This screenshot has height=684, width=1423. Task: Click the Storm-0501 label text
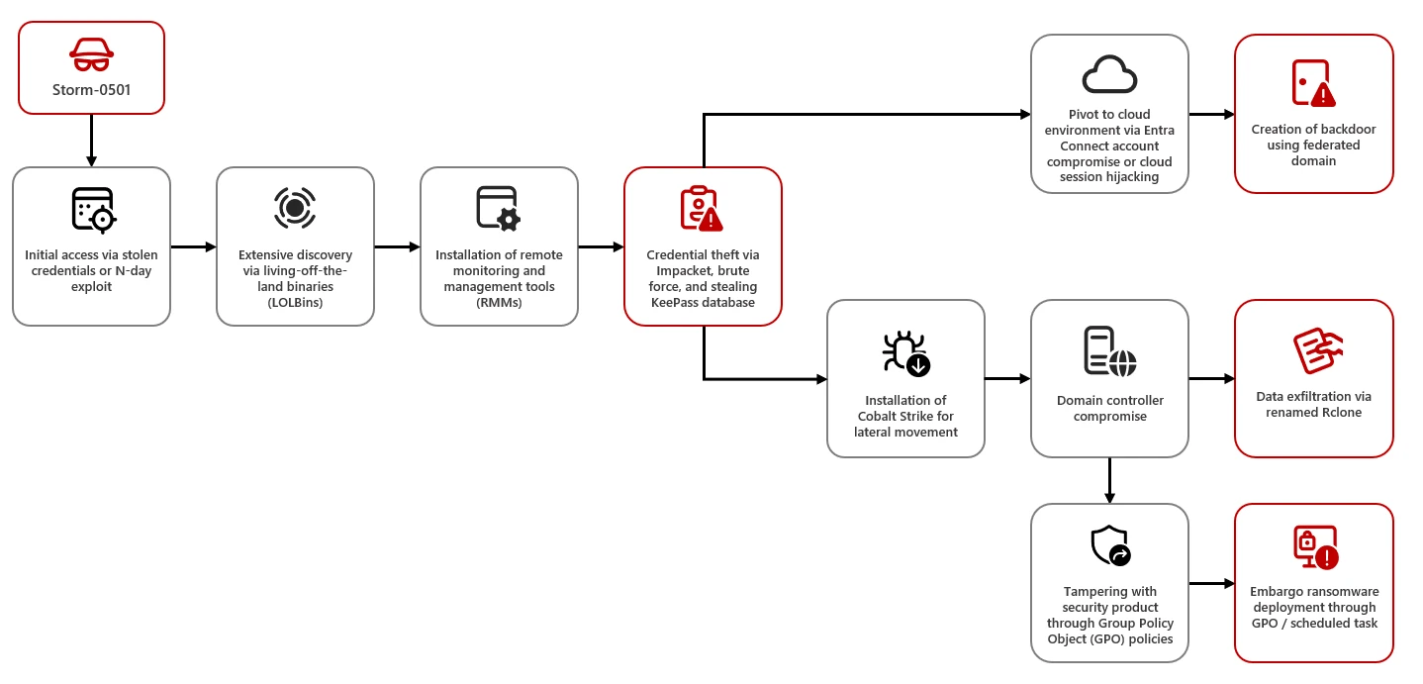91,90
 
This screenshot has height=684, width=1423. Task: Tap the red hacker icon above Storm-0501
91,54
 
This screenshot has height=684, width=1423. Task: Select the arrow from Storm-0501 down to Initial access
91,140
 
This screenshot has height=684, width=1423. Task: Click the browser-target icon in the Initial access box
93,209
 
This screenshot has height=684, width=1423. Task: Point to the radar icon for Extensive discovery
295,208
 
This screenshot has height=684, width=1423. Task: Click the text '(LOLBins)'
295,303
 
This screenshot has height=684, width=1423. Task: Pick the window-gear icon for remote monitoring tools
498,208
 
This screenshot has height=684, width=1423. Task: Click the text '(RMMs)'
499,303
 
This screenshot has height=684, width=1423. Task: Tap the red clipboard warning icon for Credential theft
702,208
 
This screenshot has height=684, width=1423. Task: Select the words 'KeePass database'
703,303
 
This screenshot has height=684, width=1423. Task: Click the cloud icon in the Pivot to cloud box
1109,73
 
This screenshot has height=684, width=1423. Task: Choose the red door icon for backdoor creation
1313,83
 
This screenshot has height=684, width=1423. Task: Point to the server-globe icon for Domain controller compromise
1109,351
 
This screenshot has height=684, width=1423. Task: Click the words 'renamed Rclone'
1313,413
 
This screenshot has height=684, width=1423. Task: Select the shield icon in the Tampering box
1109,545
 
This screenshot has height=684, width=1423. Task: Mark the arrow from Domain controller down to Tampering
1109,480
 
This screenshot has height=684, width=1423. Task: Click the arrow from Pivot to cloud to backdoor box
1210,115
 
